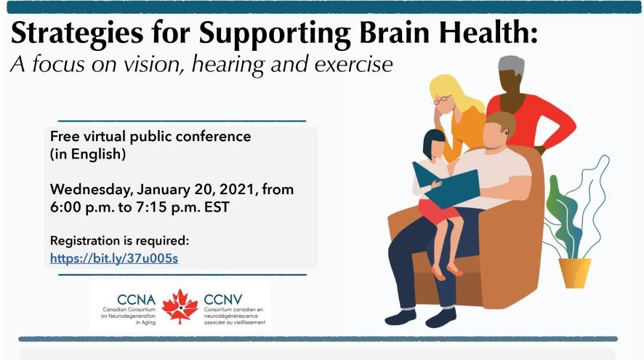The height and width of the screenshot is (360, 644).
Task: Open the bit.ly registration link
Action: pos(114,257)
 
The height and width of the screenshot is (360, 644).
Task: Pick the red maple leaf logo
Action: pos(180,305)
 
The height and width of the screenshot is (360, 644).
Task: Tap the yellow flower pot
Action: pos(574,273)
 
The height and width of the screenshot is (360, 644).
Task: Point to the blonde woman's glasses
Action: pos(444,100)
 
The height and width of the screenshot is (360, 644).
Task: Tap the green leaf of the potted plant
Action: pos(560,204)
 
